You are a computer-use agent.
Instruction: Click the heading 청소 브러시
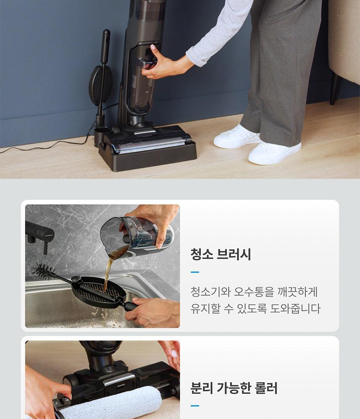point(221,254)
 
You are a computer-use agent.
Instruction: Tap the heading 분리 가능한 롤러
point(234,388)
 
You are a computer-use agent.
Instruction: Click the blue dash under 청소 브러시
point(195,272)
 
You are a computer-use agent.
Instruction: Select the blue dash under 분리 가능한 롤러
point(195,406)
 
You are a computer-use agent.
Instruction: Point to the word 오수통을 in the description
point(254,292)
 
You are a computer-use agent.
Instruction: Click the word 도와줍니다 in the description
point(295,309)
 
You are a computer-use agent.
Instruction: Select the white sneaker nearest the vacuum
point(237,137)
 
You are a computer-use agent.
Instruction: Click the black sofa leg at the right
point(335,88)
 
